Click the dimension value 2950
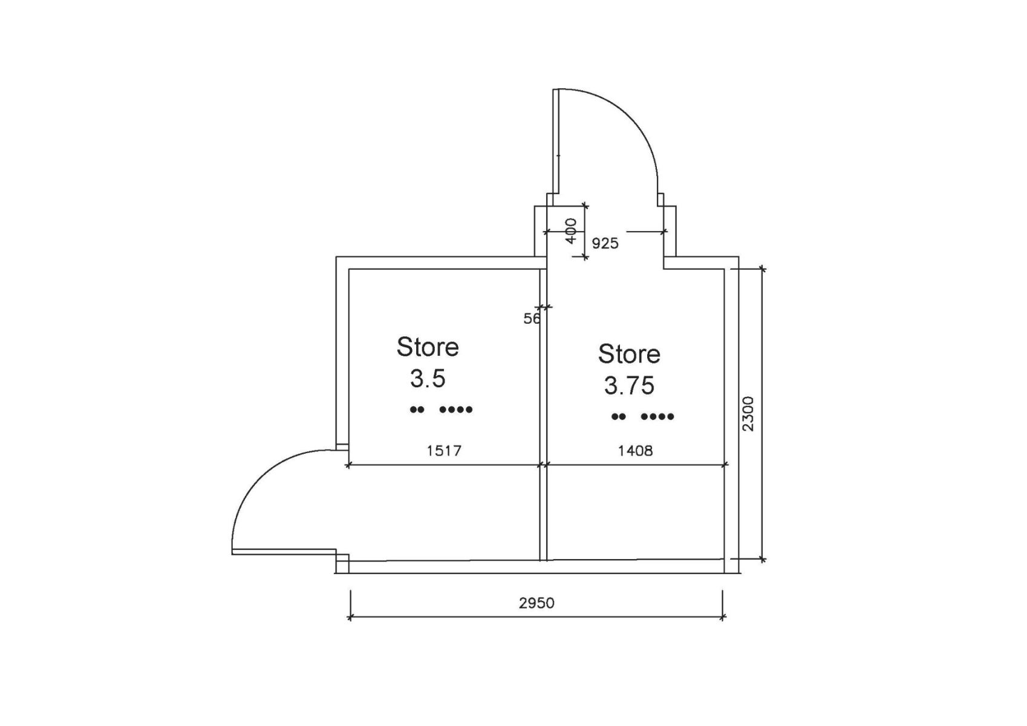(536, 603)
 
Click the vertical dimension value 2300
(748, 414)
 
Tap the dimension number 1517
(444, 451)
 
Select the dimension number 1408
(636, 451)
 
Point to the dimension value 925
(605, 243)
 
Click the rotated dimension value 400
(570, 231)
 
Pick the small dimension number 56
(532, 318)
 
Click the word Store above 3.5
(427, 347)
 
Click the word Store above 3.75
(629, 353)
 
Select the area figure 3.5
(428, 379)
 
